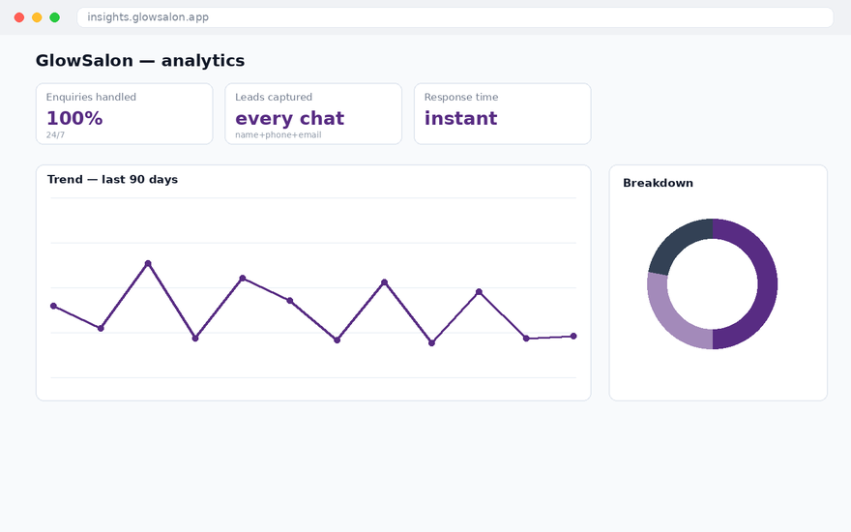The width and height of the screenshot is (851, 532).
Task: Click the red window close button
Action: pos(19,17)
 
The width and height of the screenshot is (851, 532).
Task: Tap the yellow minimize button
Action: pos(37,17)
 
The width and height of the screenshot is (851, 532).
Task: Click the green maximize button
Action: pos(55,17)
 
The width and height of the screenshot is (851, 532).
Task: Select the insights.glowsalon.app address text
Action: pos(148,16)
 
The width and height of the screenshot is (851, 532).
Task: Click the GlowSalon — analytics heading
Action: pos(140,60)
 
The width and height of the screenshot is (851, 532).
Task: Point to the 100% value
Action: pos(74,118)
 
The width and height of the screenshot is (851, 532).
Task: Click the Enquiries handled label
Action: pos(91,97)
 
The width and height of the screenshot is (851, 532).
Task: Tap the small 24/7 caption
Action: pos(55,134)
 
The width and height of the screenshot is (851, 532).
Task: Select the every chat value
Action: pos(289,118)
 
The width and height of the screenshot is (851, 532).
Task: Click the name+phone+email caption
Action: pos(278,134)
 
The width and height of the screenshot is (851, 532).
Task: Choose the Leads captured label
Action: pos(274,97)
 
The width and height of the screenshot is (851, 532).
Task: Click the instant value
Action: pos(460,118)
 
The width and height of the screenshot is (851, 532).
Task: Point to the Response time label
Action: pos(460,97)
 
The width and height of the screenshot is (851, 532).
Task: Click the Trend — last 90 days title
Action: pos(112,179)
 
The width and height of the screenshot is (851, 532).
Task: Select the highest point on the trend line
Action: pos(148,263)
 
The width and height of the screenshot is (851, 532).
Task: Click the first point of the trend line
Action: pos(53,307)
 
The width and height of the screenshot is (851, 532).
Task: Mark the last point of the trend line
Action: pos(573,336)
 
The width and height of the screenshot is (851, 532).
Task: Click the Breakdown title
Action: pos(658,183)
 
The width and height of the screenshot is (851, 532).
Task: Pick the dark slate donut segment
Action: pos(676,242)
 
